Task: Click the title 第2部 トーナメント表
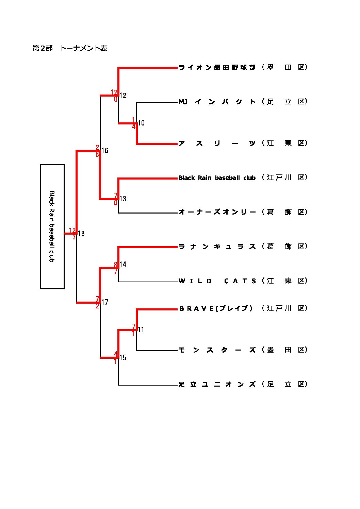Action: click(70, 48)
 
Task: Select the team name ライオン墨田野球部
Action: click(217, 67)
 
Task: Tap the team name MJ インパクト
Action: click(217, 102)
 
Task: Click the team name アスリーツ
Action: click(217, 143)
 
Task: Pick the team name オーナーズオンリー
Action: click(217, 212)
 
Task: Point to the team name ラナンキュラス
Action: click(217, 247)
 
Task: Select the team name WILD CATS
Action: click(217, 281)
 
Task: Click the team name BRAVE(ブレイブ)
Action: click(216, 308)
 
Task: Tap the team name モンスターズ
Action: click(217, 350)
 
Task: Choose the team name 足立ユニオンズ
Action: click(217, 384)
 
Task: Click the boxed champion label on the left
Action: click(52, 227)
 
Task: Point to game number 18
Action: click(81, 234)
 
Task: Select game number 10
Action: click(141, 123)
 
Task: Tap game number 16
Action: click(105, 151)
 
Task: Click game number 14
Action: click(123, 264)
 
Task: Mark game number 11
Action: click(141, 329)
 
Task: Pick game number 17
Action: click(105, 302)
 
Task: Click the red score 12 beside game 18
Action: click(72, 231)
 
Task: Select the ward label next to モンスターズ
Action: click(285, 350)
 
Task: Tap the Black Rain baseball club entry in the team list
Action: click(217, 178)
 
